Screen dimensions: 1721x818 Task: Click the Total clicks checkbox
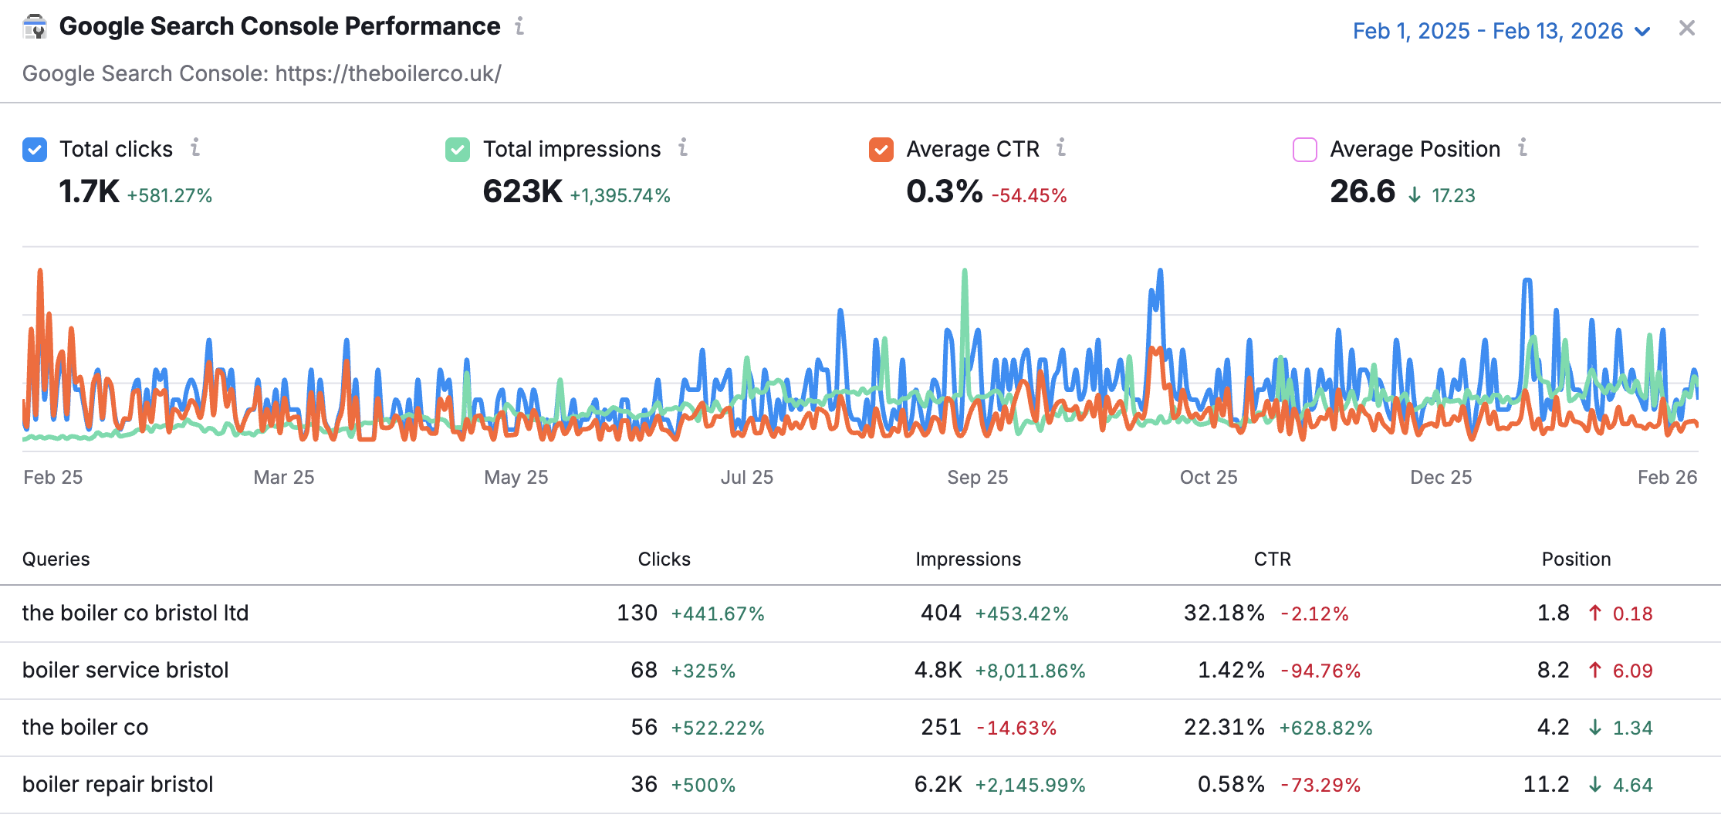(35, 150)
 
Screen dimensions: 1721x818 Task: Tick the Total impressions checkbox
(458, 150)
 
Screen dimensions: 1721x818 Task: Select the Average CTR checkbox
(881, 150)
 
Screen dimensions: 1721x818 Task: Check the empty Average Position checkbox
(1305, 150)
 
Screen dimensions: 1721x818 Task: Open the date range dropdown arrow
(1642, 32)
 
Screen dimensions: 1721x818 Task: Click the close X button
(1687, 29)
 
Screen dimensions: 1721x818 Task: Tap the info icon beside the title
(520, 26)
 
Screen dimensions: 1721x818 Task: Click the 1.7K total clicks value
(89, 191)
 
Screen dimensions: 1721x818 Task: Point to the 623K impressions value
(522, 191)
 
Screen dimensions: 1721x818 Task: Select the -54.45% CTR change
(1029, 196)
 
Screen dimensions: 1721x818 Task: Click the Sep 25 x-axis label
(978, 478)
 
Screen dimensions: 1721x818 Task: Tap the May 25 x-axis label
(516, 478)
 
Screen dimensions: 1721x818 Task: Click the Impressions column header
(969, 559)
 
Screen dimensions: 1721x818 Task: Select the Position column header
(1577, 559)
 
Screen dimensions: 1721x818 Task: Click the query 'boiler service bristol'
(126, 670)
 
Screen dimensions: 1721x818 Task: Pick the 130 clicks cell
(637, 613)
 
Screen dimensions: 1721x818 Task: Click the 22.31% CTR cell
(1225, 727)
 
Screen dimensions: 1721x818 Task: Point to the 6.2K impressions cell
(938, 784)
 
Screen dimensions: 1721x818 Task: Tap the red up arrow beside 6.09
(1595, 670)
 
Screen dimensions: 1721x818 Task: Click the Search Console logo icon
(35, 27)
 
